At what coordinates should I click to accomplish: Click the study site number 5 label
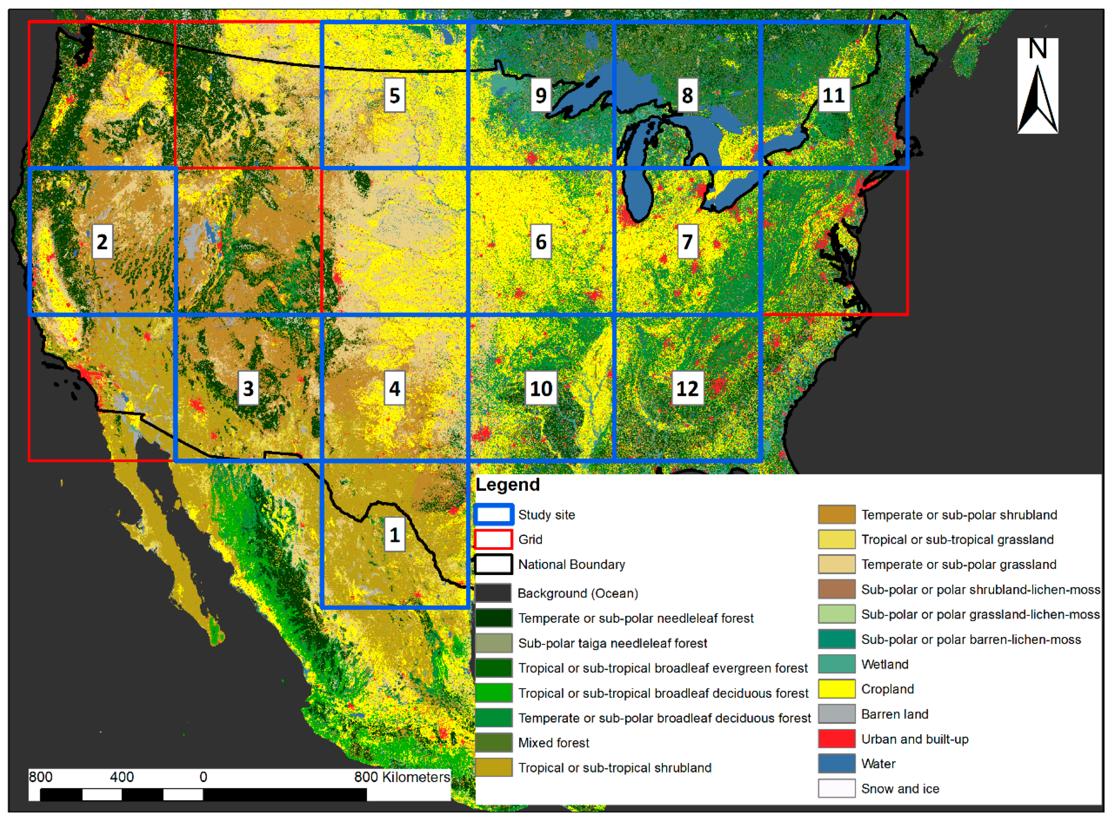(x=395, y=95)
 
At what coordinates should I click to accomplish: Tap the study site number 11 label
(x=834, y=95)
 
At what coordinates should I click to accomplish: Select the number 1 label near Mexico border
(x=395, y=535)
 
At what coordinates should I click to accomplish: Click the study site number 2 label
(x=102, y=242)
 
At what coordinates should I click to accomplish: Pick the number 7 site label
(x=688, y=242)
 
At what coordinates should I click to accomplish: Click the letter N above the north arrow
(x=1037, y=49)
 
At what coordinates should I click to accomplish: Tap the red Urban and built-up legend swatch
(x=837, y=739)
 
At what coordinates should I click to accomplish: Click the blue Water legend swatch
(x=837, y=764)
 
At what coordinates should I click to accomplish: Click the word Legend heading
(x=507, y=485)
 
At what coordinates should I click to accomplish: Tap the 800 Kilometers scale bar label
(x=402, y=777)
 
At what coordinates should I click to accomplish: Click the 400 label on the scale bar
(x=122, y=777)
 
